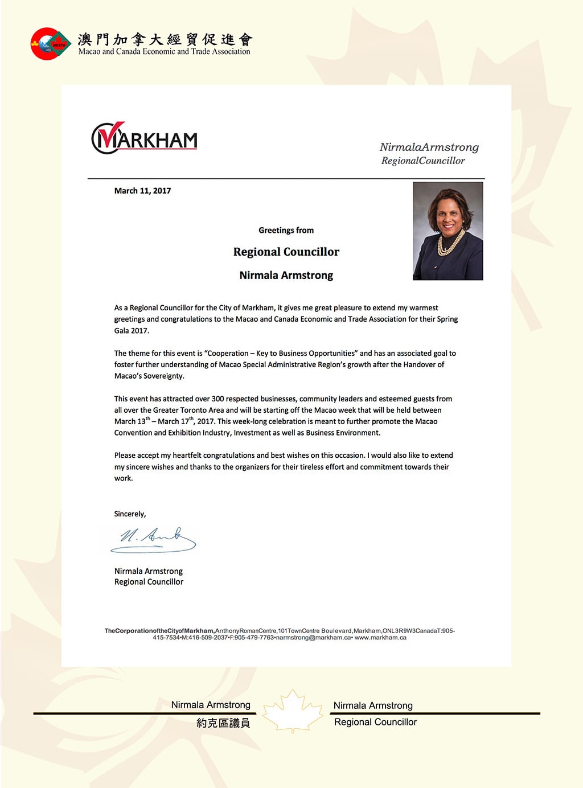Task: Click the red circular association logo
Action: coord(50,44)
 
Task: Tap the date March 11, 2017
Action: coord(142,191)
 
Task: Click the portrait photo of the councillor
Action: coord(447,231)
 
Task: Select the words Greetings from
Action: coord(286,230)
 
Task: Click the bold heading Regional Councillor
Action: coord(286,252)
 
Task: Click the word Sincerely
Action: coord(129,514)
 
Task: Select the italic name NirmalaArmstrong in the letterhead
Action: coord(429,147)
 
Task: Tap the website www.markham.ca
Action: coord(380,638)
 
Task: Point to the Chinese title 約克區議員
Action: coord(223,723)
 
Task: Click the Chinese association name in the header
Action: coord(165,39)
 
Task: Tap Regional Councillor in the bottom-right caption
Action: coord(375,722)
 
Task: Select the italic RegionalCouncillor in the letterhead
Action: coord(423,161)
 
